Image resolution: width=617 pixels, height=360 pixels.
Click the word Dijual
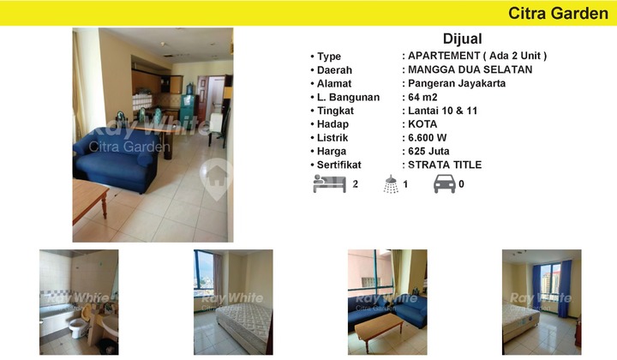(463, 39)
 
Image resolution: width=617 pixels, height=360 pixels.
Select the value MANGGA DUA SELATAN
(470, 69)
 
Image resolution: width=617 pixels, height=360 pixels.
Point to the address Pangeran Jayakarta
(457, 83)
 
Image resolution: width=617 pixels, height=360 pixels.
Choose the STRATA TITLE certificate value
(445, 165)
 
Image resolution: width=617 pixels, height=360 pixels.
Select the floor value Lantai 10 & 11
(443, 111)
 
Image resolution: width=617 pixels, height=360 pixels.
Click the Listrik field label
(334, 137)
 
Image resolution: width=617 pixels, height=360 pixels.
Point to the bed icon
(329, 183)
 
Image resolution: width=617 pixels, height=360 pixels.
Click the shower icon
(392, 183)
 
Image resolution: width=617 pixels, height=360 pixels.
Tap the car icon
(445, 183)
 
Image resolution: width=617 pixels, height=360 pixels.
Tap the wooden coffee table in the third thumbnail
(377, 326)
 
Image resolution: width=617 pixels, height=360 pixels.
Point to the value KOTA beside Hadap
(423, 123)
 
